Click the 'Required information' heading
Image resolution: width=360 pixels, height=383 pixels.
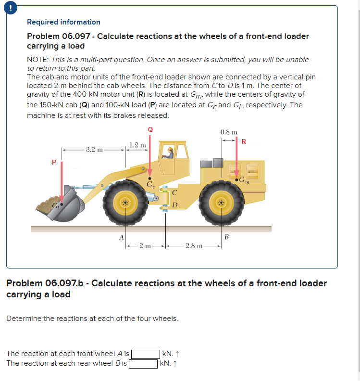pos(63,22)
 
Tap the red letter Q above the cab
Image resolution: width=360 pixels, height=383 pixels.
pos(150,129)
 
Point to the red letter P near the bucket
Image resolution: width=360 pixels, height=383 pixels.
pos(54,162)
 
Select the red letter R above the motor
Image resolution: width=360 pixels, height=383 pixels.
pos(244,141)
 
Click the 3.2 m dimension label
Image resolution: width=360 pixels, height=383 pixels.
pos(94,150)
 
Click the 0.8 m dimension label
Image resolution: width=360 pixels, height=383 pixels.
pos(228,132)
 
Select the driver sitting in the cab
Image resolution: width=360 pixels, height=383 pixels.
pos(169,153)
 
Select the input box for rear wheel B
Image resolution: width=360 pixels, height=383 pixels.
pos(143,364)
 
